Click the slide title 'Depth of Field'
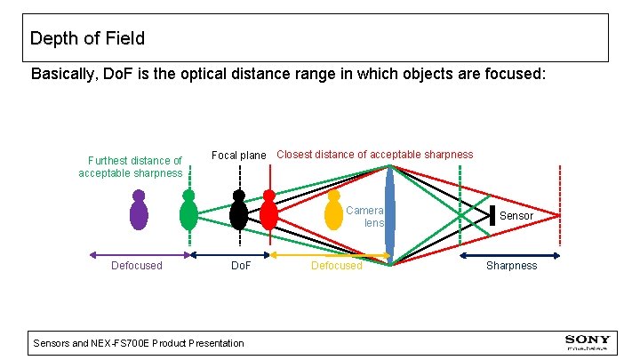coord(87,38)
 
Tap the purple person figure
coord(139,212)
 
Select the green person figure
coord(188,212)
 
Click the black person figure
coord(238,212)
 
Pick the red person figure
coord(268,212)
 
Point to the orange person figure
coord(333,211)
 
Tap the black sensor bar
coord(492,215)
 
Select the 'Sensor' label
coord(516,216)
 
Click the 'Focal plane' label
coord(238,156)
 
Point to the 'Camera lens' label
coord(365,217)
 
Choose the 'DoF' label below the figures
coord(240,266)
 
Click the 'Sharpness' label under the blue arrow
coord(511,266)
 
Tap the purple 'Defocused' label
coord(136,266)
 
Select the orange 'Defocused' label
coord(337,266)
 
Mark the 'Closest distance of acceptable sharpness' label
coord(374,155)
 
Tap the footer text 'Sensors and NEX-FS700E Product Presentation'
coord(138,343)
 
